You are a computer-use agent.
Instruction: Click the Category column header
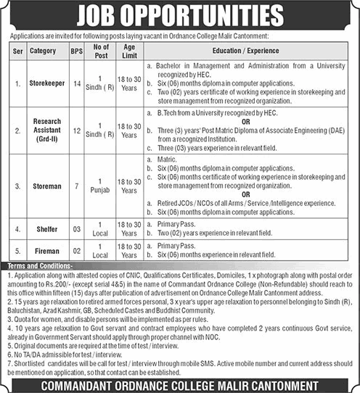[x=44, y=51]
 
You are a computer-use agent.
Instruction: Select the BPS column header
[x=75, y=51]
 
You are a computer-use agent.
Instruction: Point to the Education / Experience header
[x=245, y=51]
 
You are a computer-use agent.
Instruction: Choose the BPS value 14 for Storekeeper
[x=75, y=83]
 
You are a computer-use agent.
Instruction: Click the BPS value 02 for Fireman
[x=75, y=251]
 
